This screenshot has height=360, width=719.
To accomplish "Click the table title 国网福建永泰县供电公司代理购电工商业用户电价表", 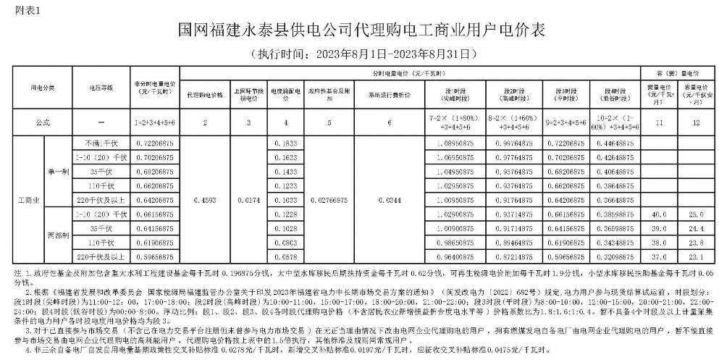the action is [x=359, y=31].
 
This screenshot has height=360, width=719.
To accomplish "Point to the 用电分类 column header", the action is [x=42, y=87].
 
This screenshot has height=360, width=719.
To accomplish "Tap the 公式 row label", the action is [x=42, y=123].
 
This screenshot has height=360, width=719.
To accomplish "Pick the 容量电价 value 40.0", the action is [x=659, y=215].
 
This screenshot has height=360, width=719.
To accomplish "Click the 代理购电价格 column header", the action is [x=205, y=94].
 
